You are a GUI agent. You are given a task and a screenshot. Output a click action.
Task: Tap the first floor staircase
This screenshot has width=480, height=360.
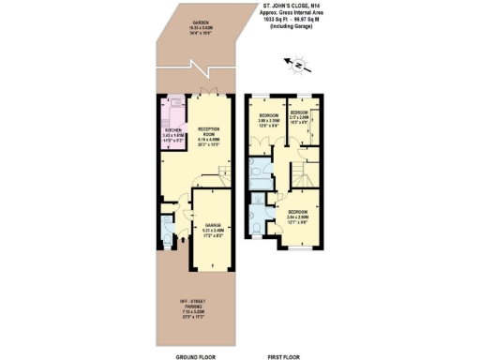(302, 174)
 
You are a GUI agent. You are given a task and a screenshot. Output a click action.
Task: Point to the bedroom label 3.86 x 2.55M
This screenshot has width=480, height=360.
(270, 118)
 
